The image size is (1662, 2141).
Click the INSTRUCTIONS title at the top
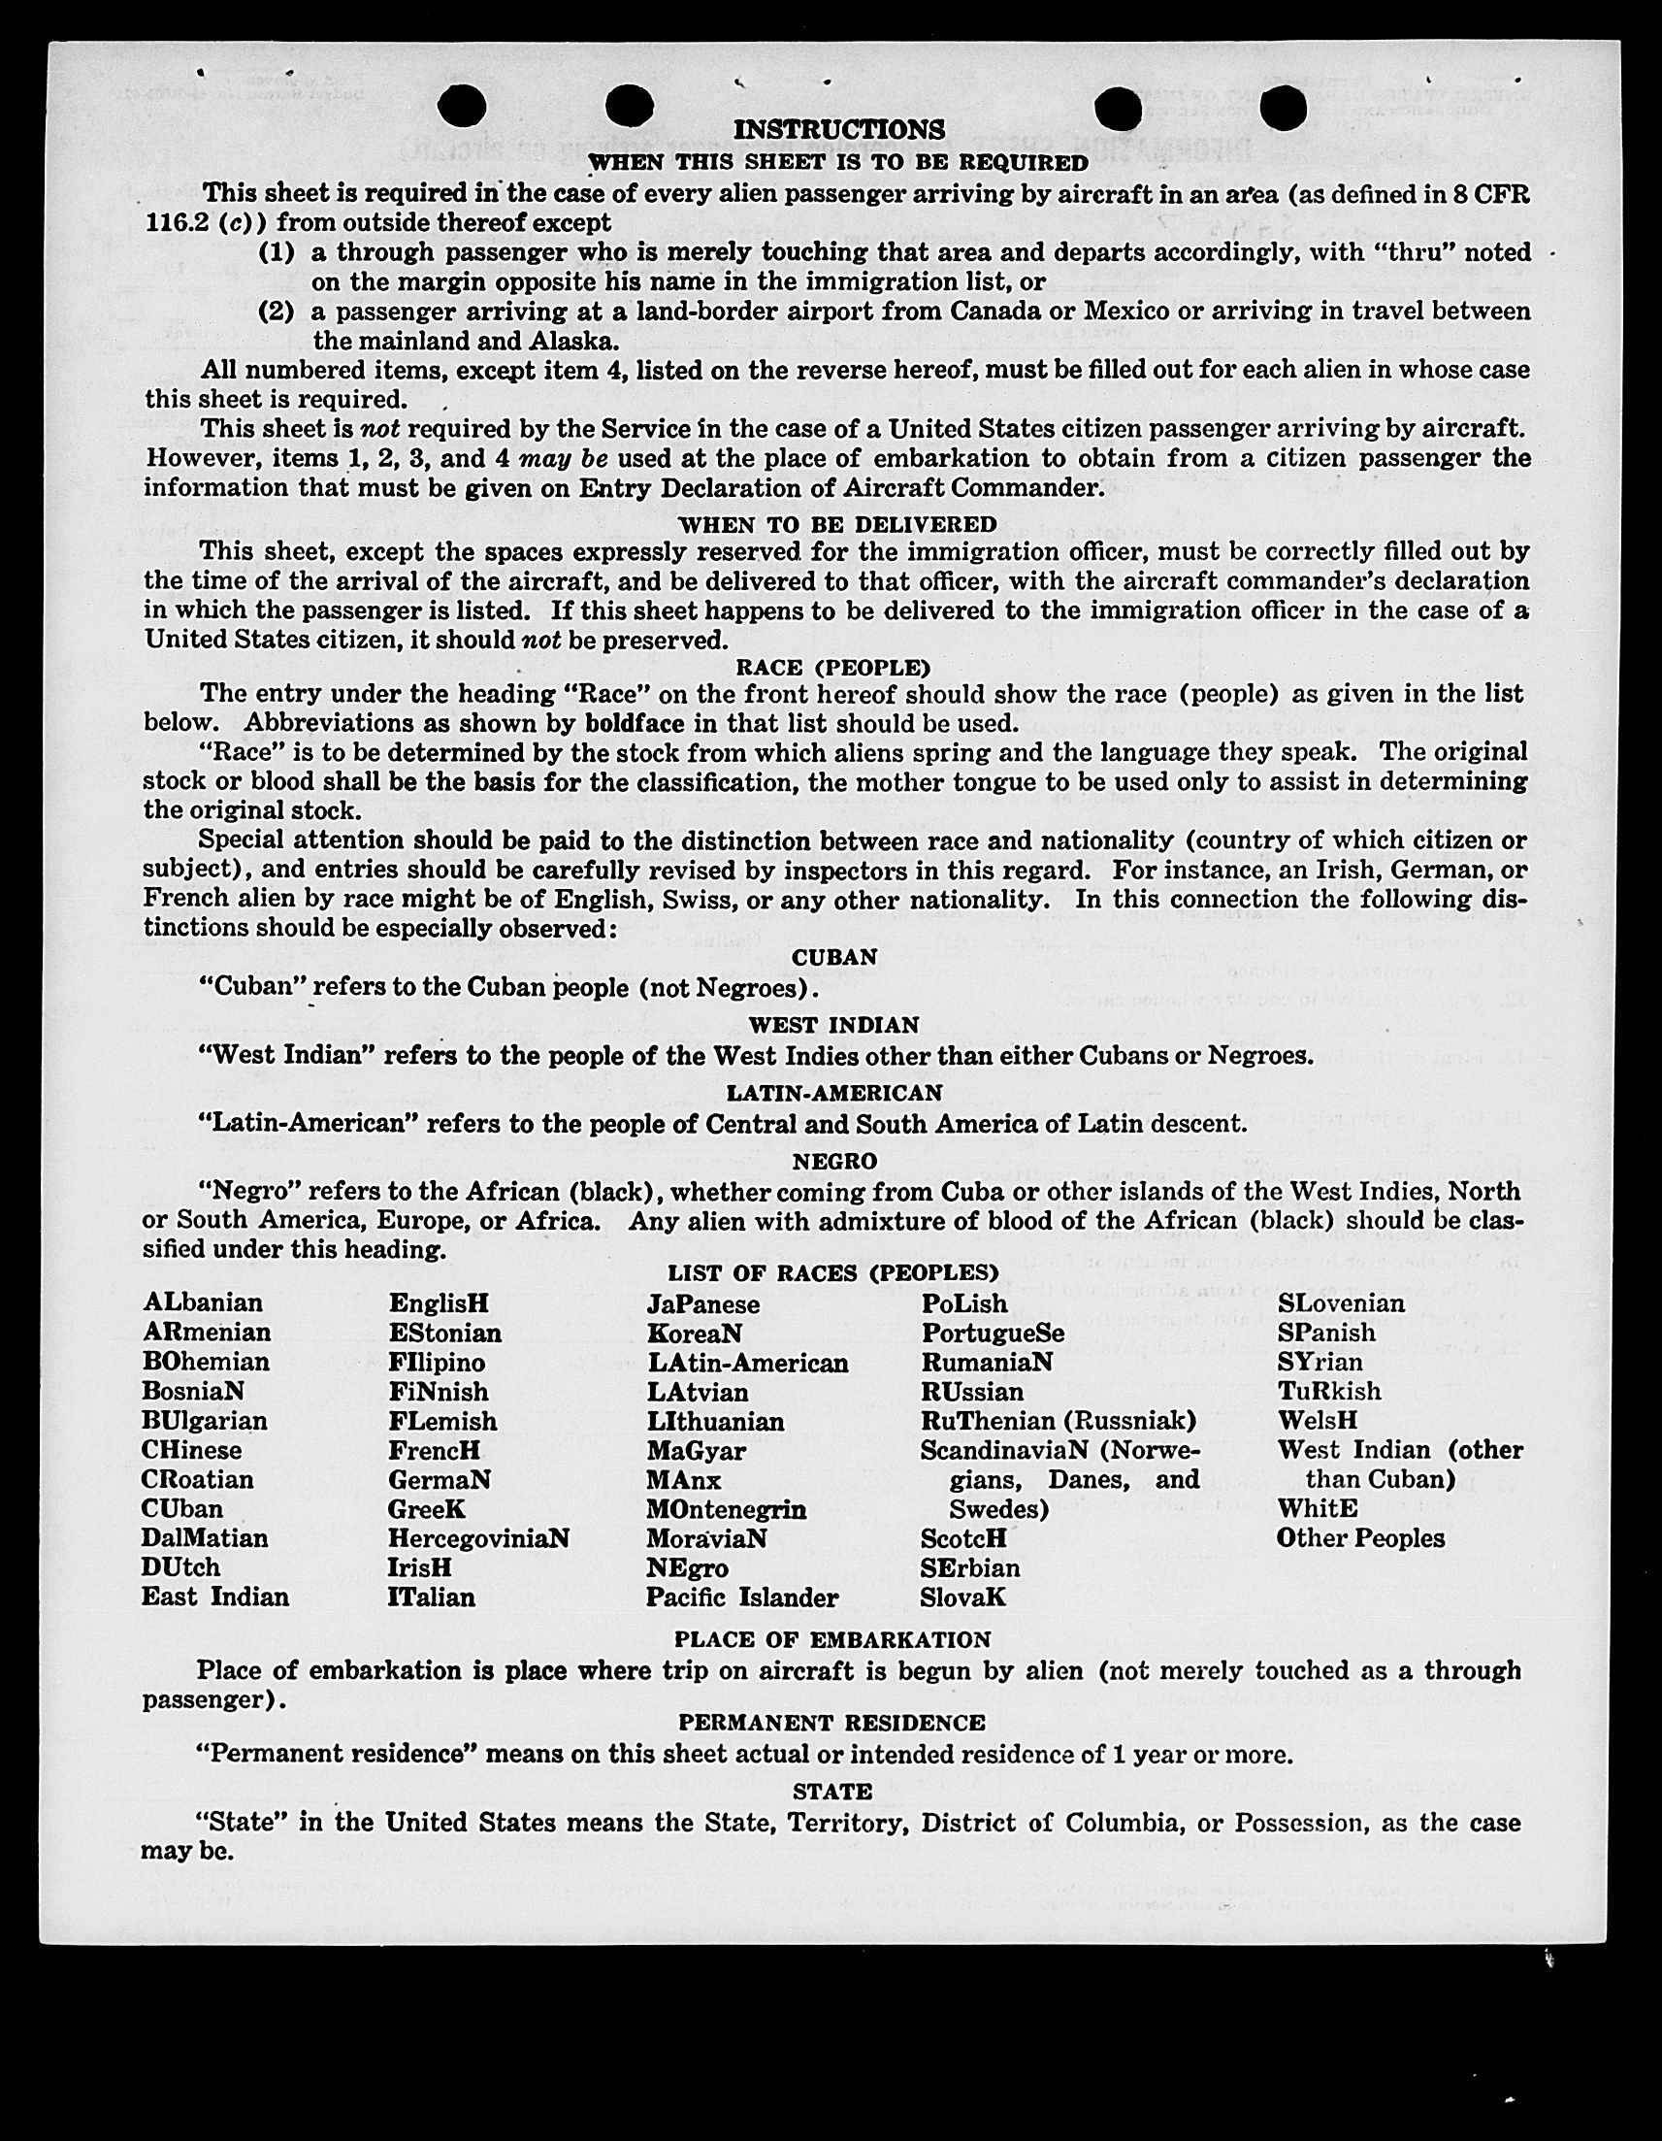(x=839, y=129)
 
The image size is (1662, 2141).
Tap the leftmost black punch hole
(x=463, y=105)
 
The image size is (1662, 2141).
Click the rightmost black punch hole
(x=1283, y=108)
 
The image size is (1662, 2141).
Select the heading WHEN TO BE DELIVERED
(x=836, y=524)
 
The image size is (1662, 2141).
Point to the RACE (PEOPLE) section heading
(x=833, y=668)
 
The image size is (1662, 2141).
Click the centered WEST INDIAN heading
(x=834, y=1026)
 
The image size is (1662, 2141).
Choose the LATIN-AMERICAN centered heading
(x=834, y=1092)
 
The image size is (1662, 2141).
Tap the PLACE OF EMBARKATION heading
(x=832, y=1639)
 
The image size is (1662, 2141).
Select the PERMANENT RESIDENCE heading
(x=832, y=1723)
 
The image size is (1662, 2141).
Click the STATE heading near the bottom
(x=832, y=1791)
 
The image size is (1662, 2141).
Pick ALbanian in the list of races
(x=203, y=1302)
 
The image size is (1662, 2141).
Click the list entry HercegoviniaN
(x=478, y=1537)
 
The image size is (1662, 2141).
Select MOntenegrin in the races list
(x=726, y=1509)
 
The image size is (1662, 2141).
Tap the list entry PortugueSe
(x=992, y=1334)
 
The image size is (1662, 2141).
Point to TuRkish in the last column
(x=1329, y=1391)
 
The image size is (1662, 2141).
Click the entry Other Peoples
(x=1360, y=1537)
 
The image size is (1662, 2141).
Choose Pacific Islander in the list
(x=742, y=1597)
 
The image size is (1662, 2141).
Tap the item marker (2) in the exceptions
(x=277, y=312)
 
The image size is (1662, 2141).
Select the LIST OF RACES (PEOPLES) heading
(x=833, y=1273)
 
